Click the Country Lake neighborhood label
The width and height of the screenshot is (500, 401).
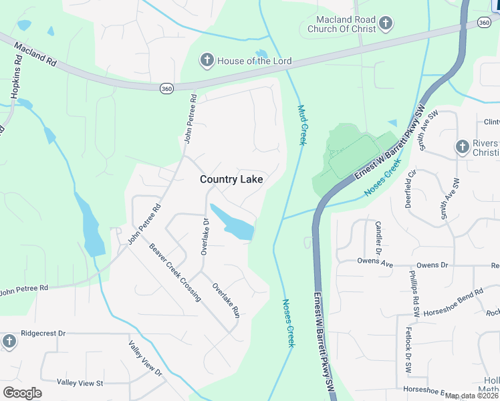(231, 180)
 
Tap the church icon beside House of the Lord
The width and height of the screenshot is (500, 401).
(207, 61)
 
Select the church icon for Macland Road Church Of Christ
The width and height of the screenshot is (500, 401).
(385, 25)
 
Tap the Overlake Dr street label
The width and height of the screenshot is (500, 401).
(205, 237)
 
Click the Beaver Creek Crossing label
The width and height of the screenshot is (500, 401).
(174, 273)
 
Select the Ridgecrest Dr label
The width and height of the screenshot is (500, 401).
(43, 333)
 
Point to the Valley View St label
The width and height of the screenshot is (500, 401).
(80, 383)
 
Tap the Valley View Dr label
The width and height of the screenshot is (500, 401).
(145, 359)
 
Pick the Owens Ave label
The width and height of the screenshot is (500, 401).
(375, 263)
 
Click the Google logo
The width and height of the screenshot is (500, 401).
(22, 393)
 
